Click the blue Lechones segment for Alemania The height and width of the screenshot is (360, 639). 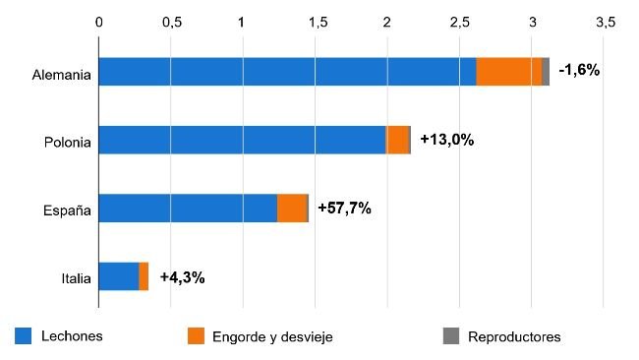click(287, 72)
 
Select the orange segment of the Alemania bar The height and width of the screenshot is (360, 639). click(508, 72)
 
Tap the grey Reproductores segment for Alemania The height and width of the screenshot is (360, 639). click(546, 72)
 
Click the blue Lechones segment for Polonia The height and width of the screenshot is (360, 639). click(242, 140)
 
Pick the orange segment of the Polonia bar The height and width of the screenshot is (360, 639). click(397, 140)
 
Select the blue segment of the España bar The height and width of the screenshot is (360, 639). click(188, 209)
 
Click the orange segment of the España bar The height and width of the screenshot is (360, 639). click(292, 209)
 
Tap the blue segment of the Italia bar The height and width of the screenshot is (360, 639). click(119, 276)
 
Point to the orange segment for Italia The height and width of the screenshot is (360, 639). click(144, 276)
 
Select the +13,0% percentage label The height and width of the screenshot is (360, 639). click(446, 140)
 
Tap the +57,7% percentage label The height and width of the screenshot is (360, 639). click(344, 209)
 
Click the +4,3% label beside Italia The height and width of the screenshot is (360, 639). click(182, 277)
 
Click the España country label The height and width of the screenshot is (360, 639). click(68, 210)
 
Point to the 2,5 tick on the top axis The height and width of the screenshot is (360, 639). click(459, 22)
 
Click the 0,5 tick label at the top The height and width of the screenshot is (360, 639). click(171, 22)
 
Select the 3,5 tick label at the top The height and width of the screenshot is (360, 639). click(604, 22)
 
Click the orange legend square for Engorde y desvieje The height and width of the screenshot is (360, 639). click(195, 335)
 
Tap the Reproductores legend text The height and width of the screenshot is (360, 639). click(515, 336)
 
